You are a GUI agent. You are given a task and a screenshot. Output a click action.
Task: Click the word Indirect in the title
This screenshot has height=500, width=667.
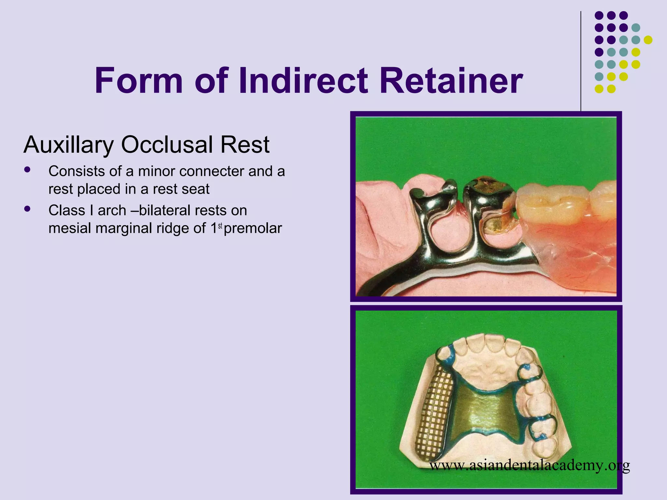(x=303, y=81)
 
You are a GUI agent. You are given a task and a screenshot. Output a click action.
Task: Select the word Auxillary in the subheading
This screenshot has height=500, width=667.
(x=69, y=145)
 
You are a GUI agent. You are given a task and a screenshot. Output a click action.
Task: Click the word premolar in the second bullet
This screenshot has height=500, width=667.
(x=253, y=229)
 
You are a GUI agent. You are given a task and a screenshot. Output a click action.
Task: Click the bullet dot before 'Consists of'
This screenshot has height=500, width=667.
(x=27, y=170)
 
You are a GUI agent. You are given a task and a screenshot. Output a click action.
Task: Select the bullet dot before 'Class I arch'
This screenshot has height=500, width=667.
(x=27, y=209)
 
